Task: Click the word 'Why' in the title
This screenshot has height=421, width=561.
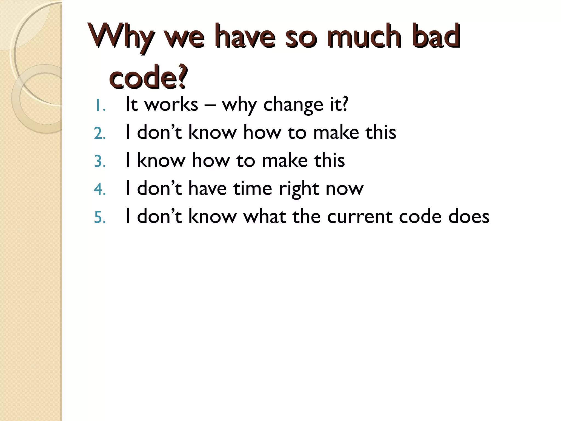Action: coord(121,37)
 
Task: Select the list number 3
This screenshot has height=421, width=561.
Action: coord(100,162)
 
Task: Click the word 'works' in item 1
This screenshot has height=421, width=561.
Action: coord(171,104)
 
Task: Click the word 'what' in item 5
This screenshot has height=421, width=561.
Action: coord(264,216)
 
